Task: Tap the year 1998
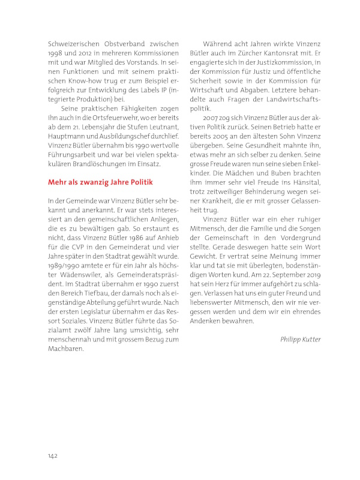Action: click(57, 55)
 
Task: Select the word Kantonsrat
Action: click(285, 55)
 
